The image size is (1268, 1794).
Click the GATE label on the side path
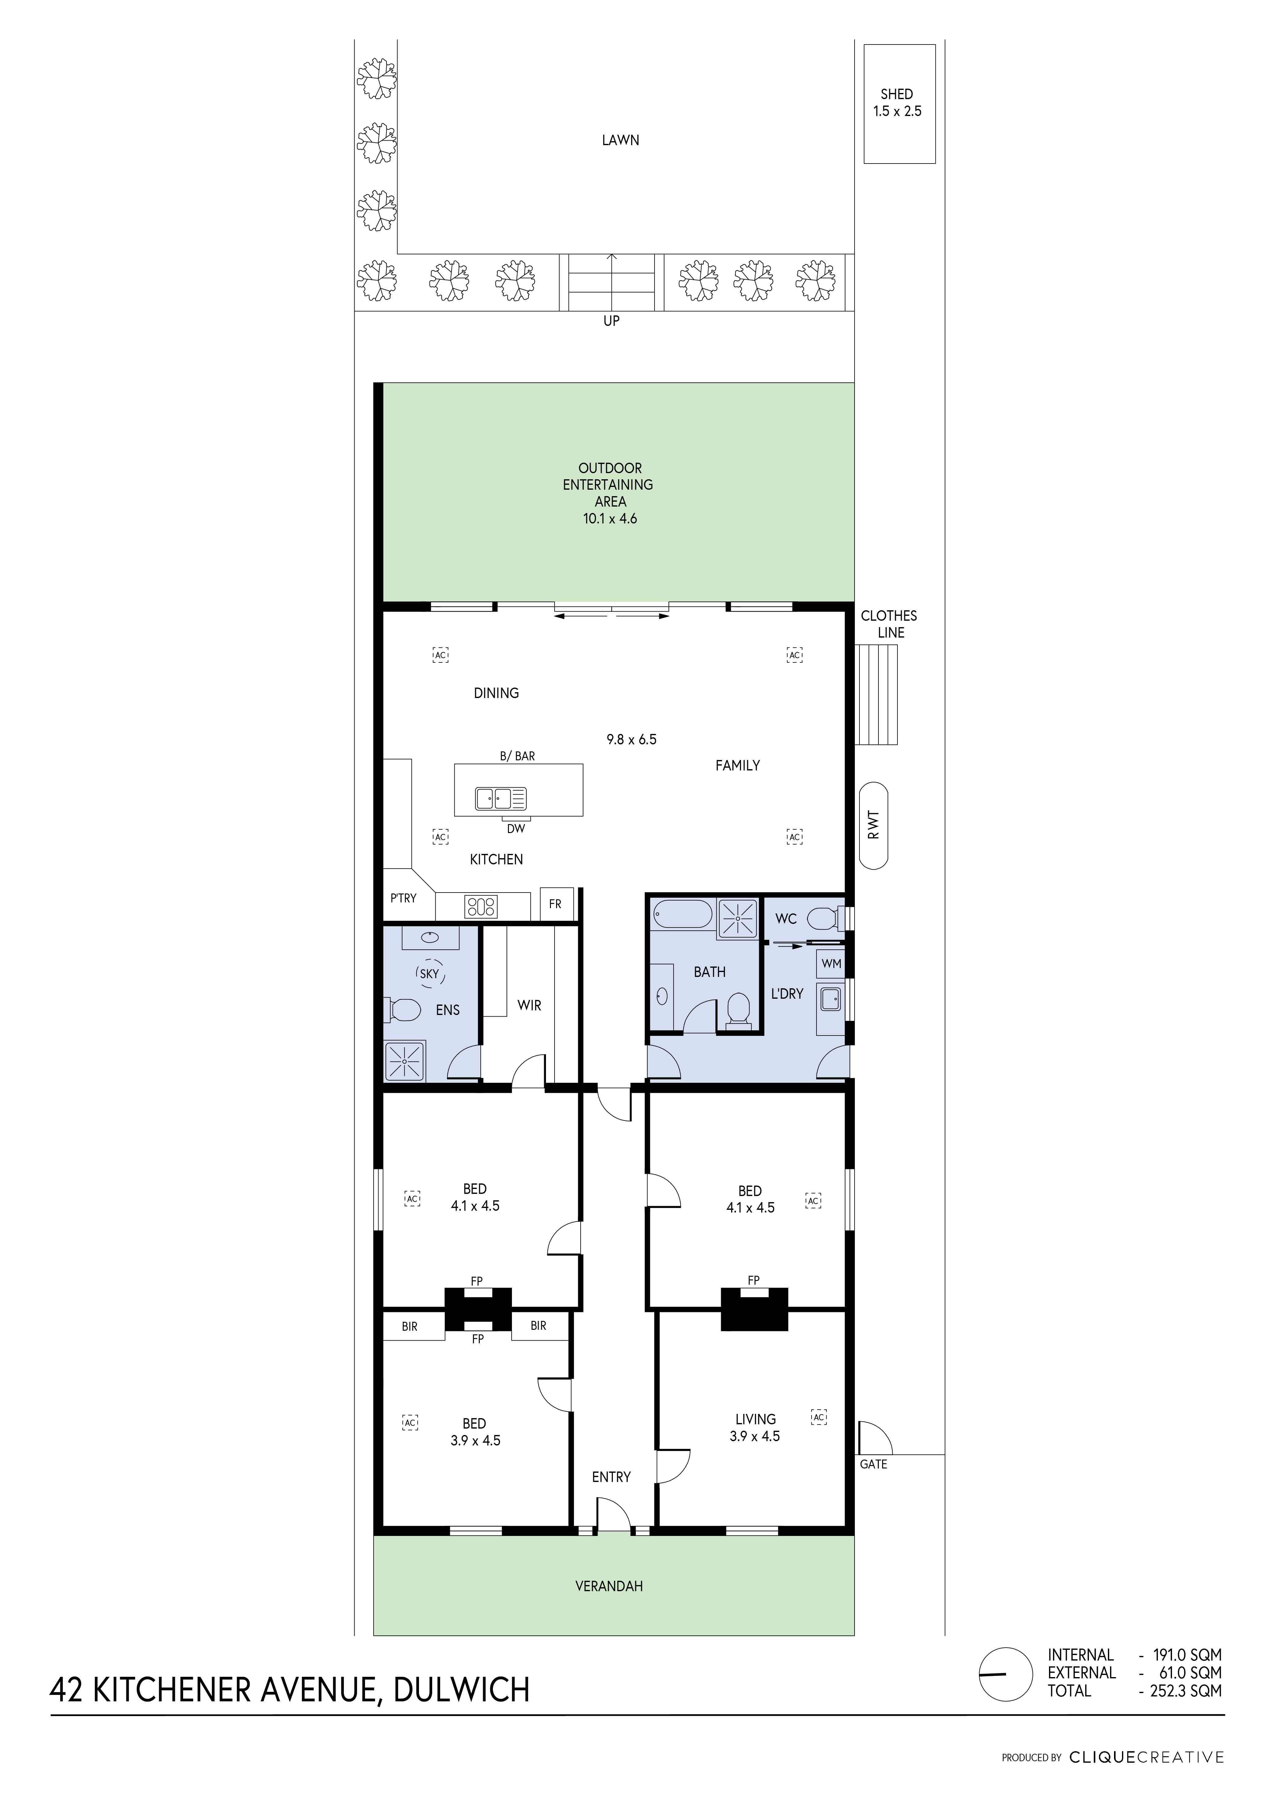(874, 1464)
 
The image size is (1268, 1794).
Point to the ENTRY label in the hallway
(611, 1477)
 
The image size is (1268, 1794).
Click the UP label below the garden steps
(611, 321)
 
